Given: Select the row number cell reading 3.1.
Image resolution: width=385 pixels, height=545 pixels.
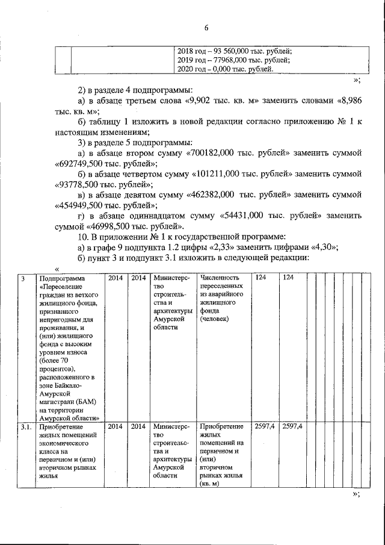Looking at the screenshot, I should (x=25, y=427).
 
